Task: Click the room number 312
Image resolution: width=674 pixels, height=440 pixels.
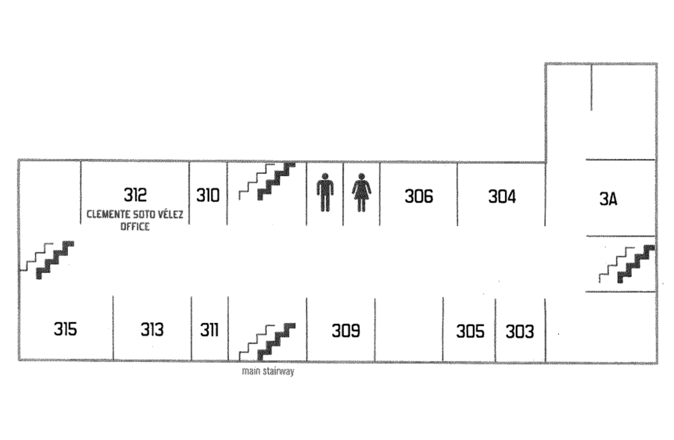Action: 135,195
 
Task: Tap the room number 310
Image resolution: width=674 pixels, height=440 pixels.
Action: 208,196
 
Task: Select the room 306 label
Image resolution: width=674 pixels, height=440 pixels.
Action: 419,196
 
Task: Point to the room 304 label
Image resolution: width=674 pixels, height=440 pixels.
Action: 502,197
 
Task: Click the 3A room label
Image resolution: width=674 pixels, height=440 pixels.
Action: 608,199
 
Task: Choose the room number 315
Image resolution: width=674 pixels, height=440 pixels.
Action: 66,328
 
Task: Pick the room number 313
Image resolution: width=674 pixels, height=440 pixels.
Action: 152,329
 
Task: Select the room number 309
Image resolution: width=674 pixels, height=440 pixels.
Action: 346,330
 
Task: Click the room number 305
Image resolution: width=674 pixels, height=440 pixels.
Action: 470,331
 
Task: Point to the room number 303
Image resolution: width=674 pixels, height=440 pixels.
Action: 519,332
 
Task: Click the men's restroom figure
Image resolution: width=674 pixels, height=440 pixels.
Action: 324,193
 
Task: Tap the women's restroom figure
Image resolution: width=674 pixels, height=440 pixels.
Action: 361,193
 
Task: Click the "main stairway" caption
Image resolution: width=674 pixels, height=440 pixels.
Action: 268,372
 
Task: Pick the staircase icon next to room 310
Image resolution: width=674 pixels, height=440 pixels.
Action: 267,181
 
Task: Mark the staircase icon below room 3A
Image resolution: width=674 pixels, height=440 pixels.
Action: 627,264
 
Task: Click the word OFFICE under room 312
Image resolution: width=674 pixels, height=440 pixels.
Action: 135,227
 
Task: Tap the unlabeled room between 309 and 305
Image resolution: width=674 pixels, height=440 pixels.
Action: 409,328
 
